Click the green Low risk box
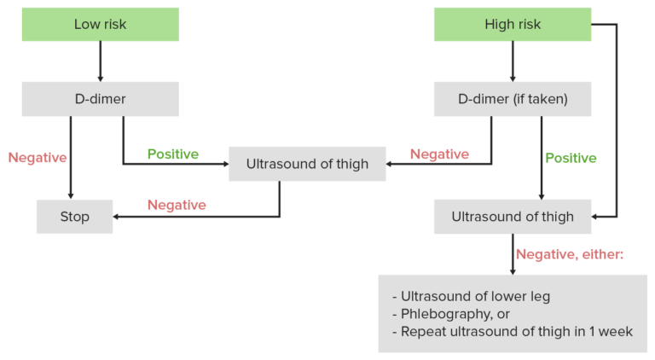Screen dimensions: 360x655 pyautogui.click(x=100, y=24)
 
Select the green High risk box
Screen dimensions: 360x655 pyautogui.click(x=512, y=24)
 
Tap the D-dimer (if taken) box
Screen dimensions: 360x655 pyautogui.click(x=512, y=99)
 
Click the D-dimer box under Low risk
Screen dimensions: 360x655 pyautogui.click(x=100, y=99)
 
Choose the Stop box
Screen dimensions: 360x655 pyautogui.click(x=74, y=217)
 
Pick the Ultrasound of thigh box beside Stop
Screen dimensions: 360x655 pyautogui.click(x=307, y=164)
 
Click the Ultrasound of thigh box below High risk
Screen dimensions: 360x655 pyautogui.click(x=512, y=217)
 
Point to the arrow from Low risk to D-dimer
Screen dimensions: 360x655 pyautogui.click(x=100, y=61)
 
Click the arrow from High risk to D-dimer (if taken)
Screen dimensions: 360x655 pyautogui.click(x=512, y=61)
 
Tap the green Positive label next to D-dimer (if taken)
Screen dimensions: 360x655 pyautogui.click(x=571, y=158)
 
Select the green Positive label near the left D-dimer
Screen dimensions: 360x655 pyautogui.click(x=172, y=154)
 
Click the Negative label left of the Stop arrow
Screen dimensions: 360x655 pyautogui.click(x=38, y=158)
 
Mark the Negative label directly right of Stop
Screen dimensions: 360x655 pyautogui.click(x=177, y=205)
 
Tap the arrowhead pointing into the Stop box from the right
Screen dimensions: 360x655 pyautogui.click(x=118, y=217)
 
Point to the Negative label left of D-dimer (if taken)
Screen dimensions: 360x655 pyautogui.click(x=439, y=154)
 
